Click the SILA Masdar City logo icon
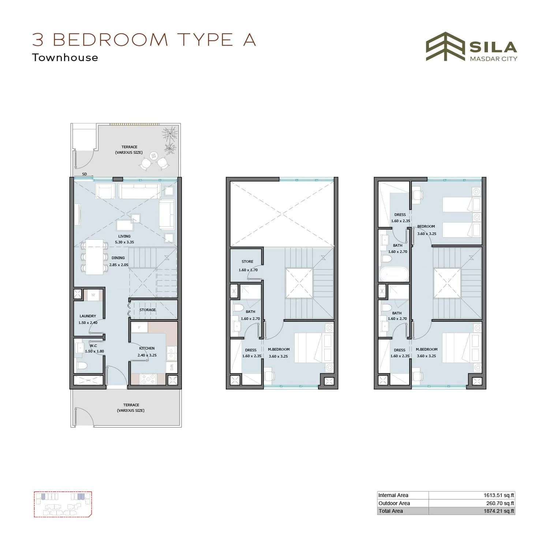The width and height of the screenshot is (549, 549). pos(445,46)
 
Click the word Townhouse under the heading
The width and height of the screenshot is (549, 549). pos(65,58)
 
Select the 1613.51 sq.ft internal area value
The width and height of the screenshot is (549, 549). pos(498,495)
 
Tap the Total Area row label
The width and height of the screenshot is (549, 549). pos(391,511)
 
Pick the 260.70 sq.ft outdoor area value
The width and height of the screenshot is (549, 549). pos(500,503)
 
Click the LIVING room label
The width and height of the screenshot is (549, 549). pos(124,236)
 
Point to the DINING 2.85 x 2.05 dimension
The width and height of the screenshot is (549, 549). pos(119,265)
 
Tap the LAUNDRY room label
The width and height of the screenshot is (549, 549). pos(88,316)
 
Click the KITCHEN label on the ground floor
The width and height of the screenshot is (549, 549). pos(147,348)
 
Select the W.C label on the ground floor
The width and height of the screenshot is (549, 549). pos(93,346)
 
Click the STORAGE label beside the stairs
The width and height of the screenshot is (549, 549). pos(147,310)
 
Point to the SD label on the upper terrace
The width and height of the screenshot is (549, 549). pos(85,174)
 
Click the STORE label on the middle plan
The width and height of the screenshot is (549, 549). pos(247,262)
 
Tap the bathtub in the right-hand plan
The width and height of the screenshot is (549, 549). pos(394,274)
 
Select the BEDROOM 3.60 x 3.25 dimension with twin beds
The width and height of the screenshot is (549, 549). pos(427,234)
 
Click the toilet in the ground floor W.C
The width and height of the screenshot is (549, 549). pos(81,365)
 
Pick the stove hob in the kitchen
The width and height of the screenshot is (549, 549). pos(148,379)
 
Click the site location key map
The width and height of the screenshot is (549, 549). pos(63,504)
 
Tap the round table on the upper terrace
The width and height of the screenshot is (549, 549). pos(154,156)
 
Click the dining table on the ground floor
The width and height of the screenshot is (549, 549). pos(94,257)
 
